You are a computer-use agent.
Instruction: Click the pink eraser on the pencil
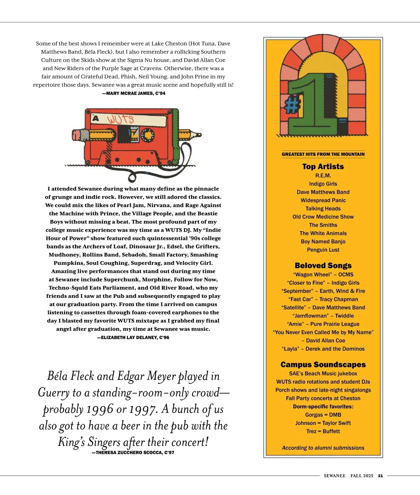click(x=77, y=135)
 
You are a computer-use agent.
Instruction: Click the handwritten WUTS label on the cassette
click(x=120, y=120)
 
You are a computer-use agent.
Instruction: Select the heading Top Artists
click(x=323, y=167)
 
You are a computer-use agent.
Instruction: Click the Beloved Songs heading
click(x=323, y=265)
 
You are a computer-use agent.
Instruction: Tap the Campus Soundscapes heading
click(x=323, y=365)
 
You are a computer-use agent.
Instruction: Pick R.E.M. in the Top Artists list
click(x=323, y=176)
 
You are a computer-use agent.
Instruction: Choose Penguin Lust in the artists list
click(x=323, y=250)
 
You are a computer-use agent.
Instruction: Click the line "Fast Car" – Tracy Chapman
click(x=323, y=299)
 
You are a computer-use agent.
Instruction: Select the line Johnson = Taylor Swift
click(x=323, y=423)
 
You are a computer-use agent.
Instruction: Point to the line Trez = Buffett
click(x=323, y=432)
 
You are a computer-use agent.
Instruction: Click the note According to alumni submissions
click(x=323, y=448)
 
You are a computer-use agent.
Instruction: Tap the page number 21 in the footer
click(x=380, y=476)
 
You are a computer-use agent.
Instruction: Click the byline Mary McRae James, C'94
click(x=133, y=94)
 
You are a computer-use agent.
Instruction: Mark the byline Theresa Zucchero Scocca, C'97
click(x=133, y=453)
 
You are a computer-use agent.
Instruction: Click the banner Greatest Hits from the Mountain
click(x=323, y=154)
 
